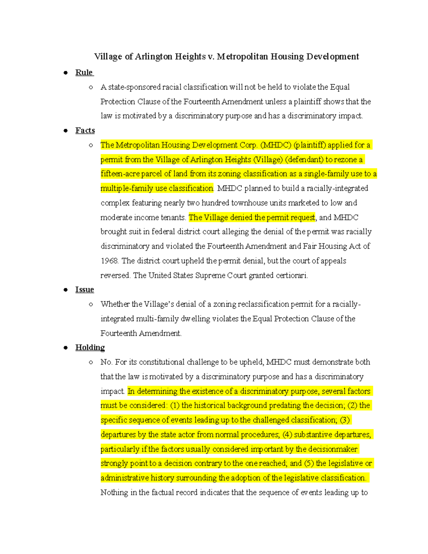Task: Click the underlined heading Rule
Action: [84, 72]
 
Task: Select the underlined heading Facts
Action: [85, 130]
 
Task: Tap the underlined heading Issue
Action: [85, 289]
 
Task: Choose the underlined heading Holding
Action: [90, 347]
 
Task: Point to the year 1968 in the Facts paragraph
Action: [109, 261]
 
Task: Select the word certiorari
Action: [292, 275]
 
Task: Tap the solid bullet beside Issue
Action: [66, 290]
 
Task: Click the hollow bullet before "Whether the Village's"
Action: [91, 304]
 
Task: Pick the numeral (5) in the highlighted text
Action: [309, 463]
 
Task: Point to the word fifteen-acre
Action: [120, 174]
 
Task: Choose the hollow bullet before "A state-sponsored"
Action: [91, 87]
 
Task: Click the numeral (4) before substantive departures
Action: [287, 434]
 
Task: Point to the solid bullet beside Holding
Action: [66, 347]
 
